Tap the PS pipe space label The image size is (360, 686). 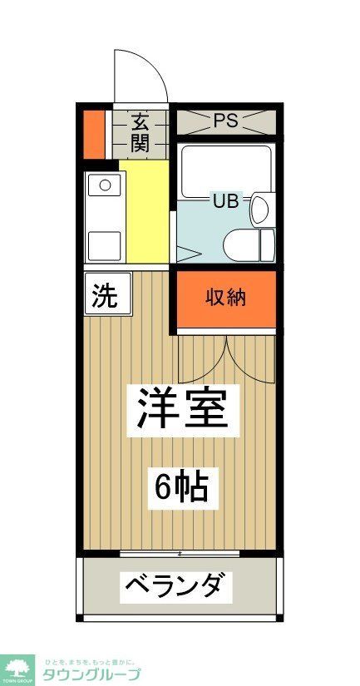click(225, 121)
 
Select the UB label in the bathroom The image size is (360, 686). click(225, 200)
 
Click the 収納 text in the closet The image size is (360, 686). click(225, 297)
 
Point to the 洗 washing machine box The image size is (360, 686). click(106, 295)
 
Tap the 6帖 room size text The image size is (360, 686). click(180, 486)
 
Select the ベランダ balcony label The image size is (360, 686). click(174, 587)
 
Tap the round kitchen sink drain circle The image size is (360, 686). click(106, 185)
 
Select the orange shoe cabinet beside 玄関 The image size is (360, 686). click(93, 132)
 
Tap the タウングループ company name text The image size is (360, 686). click(91, 674)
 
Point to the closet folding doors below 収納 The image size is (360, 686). click(225, 358)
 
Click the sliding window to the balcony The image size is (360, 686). click(180, 552)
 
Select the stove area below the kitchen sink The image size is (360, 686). click(105, 244)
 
